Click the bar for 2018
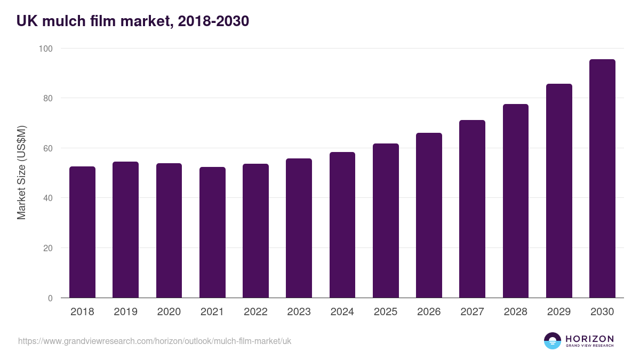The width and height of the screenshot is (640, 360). click(x=82, y=232)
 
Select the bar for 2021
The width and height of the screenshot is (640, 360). click(x=212, y=233)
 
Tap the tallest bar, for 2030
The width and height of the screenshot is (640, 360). click(x=602, y=179)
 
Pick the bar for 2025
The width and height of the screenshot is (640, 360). click(x=386, y=221)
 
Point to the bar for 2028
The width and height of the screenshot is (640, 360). click(x=515, y=201)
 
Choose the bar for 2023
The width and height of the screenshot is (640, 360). click(x=299, y=228)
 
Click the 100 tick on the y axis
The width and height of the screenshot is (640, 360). click(x=46, y=49)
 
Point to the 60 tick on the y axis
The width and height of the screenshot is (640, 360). click(x=47, y=148)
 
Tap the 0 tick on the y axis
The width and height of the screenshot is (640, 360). click(x=50, y=298)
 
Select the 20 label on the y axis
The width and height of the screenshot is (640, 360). click(x=47, y=248)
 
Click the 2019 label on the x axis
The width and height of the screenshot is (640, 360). click(x=125, y=312)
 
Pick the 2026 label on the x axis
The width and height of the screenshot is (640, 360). click(x=429, y=312)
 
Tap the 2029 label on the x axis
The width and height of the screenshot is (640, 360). click(x=559, y=312)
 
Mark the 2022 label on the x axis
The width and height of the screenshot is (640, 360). click(x=255, y=312)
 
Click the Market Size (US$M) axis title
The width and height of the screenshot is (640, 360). click(x=21, y=173)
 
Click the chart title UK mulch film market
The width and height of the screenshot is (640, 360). click(x=133, y=21)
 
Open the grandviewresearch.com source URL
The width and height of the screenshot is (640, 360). click(x=155, y=341)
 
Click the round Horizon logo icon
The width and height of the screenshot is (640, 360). click(x=553, y=341)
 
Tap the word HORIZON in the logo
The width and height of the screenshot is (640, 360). click(x=589, y=338)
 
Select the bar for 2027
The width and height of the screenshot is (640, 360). click(x=472, y=209)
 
